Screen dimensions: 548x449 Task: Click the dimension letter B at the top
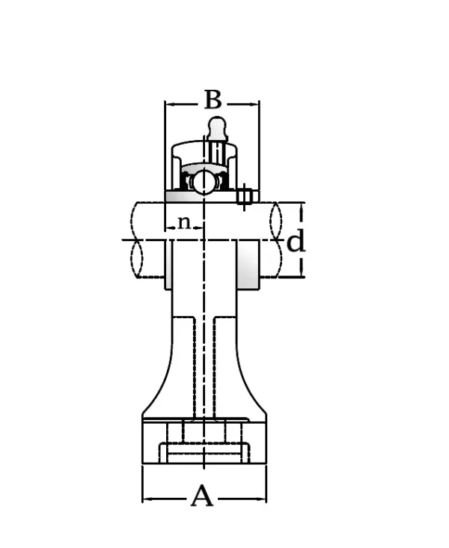[x=213, y=99]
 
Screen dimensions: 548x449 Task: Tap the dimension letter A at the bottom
[x=202, y=496]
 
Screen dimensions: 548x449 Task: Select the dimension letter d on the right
[x=296, y=241]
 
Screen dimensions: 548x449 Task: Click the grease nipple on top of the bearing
[x=216, y=127]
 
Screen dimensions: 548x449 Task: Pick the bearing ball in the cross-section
[x=202, y=182]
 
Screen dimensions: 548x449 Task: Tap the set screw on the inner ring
[x=244, y=196]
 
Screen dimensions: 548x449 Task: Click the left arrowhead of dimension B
[x=169, y=103]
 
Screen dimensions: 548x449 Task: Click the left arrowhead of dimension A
[x=147, y=499]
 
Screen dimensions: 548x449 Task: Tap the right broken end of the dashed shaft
[x=275, y=240]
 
